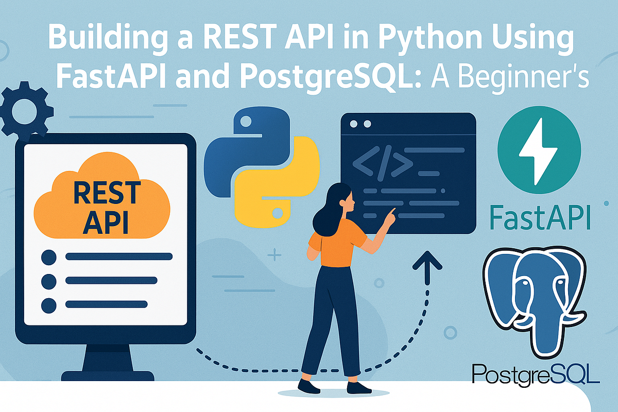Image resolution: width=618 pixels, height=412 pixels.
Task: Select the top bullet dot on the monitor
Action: click(x=48, y=256)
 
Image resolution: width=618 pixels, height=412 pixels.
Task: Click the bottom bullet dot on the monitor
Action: click(x=48, y=305)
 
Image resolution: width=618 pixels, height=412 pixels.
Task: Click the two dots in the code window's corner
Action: click(x=360, y=124)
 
